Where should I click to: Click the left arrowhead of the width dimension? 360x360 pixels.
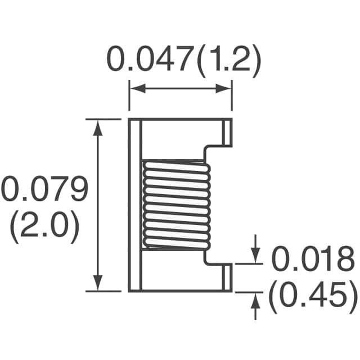point(136,89)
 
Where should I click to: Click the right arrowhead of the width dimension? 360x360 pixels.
point(226,89)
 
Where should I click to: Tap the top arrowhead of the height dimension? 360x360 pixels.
point(99,125)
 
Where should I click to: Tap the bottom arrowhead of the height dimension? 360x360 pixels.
point(99,285)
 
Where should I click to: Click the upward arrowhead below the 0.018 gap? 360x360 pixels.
point(256,298)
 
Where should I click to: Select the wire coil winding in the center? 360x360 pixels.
point(176,205)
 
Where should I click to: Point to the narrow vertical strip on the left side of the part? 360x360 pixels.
point(134,205)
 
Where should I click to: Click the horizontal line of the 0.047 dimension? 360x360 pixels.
point(181,89)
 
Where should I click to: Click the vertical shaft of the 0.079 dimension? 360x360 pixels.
point(99,205)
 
